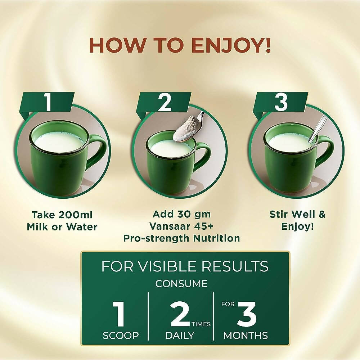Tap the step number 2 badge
165,102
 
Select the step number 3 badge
281,102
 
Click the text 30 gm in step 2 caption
192,214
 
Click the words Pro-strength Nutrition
181,238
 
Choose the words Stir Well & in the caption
297,214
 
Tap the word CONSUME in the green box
181,283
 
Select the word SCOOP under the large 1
121,336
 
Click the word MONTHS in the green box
246,336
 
